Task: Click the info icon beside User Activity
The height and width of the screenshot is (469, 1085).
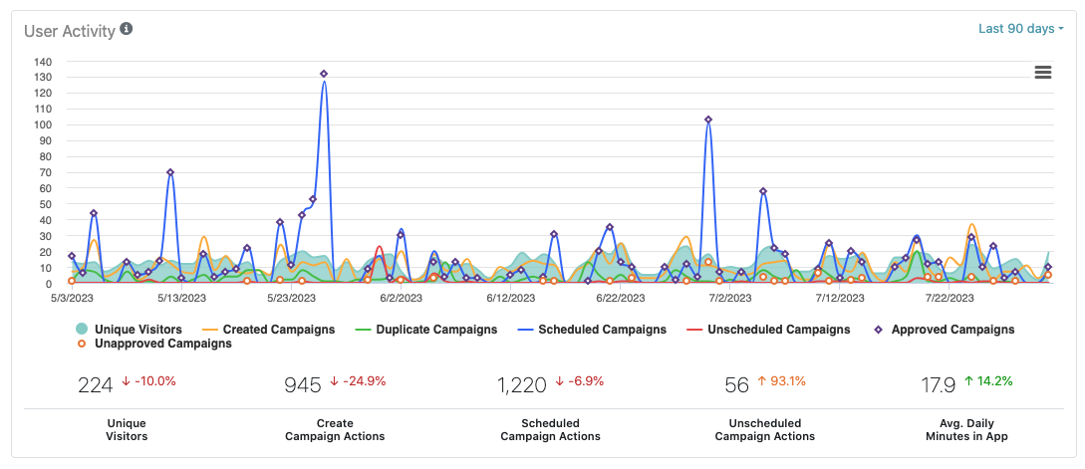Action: pos(127,29)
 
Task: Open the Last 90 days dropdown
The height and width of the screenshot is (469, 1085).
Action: pos(1020,29)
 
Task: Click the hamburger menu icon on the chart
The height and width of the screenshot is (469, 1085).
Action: pos(1043,72)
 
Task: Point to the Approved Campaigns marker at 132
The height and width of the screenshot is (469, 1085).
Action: pos(324,74)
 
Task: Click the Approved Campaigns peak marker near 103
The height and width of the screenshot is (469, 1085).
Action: pos(708,119)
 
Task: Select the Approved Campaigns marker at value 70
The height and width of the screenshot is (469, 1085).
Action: pos(170,172)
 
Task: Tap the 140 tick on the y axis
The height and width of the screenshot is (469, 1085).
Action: pos(42,61)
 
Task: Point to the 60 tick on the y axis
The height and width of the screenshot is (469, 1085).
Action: pos(45,188)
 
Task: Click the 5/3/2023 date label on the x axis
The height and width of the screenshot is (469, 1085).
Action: pos(72,297)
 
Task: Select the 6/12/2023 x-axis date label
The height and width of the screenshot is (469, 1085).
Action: pos(510,297)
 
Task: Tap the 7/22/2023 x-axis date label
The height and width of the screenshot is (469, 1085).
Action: pos(949,297)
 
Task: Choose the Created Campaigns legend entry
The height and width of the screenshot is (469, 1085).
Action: pos(268,330)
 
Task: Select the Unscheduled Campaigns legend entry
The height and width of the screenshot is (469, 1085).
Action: pos(768,330)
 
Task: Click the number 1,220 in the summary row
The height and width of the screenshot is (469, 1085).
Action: pos(521,384)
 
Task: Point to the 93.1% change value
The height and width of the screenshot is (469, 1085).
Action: pos(786,381)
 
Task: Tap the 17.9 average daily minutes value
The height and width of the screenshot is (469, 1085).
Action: pos(937,384)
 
